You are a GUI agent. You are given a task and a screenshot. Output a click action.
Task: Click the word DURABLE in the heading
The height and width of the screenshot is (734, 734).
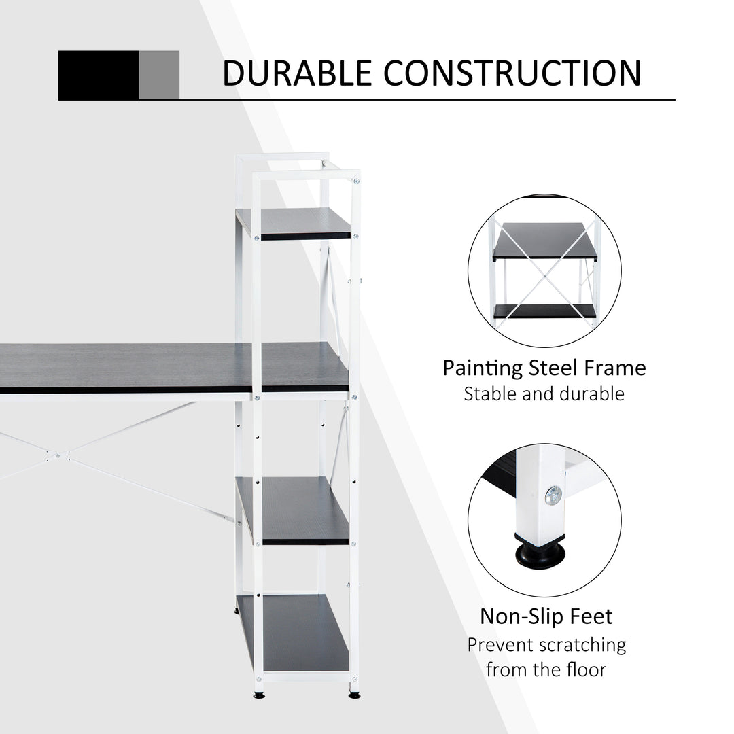point(298,73)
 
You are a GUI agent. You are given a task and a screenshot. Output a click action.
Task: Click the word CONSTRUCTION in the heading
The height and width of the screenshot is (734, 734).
point(512,73)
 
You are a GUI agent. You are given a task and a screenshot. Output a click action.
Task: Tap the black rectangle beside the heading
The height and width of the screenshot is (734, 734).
point(99,75)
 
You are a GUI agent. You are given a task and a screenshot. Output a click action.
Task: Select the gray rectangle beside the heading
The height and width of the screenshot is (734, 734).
point(159,75)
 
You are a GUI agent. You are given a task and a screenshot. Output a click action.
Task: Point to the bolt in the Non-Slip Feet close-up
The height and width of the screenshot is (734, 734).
point(553,495)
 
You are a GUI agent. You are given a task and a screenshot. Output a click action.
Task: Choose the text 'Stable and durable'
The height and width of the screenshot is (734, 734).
point(544,394)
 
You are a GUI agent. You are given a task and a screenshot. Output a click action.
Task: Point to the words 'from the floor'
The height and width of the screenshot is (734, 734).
point(546,670)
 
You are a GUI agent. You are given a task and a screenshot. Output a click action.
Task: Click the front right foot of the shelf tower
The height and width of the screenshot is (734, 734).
point(354,695)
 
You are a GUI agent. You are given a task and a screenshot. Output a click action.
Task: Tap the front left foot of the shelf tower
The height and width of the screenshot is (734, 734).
point(259,695)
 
